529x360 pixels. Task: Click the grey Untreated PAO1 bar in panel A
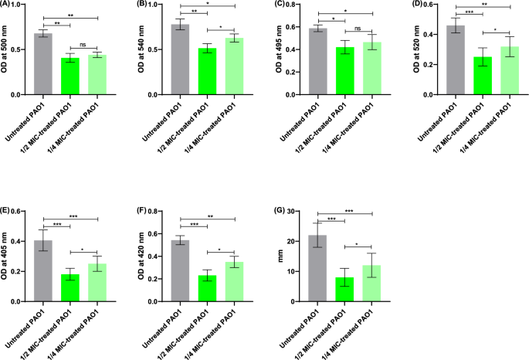43,65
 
